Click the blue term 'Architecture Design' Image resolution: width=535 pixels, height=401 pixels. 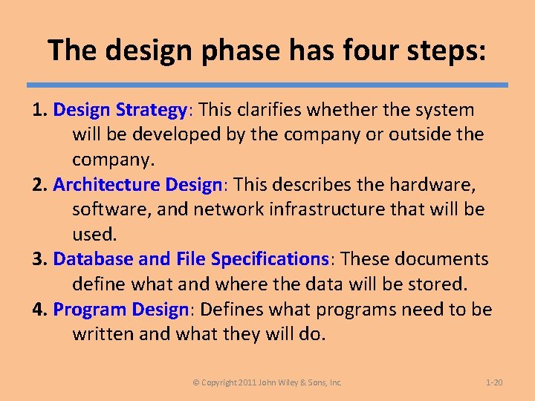pyautogui.click(x=137, y=184)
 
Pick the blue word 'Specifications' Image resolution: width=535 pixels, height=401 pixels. pyautogui.click(x=270, y=258)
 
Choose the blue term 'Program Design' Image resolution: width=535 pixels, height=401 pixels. pyautogui.click(x=121, y=309)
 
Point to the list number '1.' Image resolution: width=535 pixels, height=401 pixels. pyautogui.click(x=41, y=110)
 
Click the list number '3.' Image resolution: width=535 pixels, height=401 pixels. pyautogui.click(x=41, y=258)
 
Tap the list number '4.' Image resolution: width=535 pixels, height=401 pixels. pyautogui.click(x=41, y=309)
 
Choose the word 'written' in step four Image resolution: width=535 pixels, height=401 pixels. pyautogui.click(x=103, y=333)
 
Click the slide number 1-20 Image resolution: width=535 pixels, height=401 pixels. pyautogui.click(x=493, y=382)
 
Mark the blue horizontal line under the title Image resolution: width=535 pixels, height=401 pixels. pyautogui.click(x=267, y=85)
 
